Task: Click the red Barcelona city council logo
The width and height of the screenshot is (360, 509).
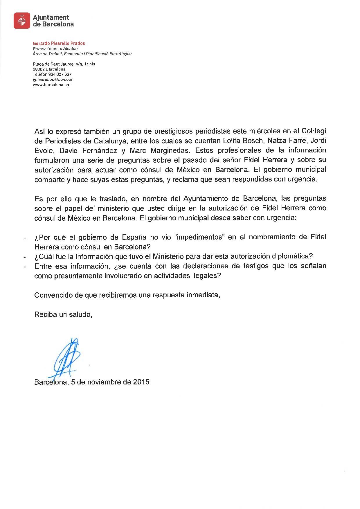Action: [22, 21]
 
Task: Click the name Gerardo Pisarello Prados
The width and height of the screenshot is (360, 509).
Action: [59, 43]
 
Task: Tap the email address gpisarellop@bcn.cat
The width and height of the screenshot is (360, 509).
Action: [53, 79]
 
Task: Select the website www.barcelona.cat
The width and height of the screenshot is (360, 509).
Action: [52, 85]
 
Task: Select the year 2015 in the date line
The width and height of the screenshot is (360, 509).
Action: [141, 382]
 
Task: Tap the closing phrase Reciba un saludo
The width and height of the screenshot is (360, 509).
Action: [63, 314]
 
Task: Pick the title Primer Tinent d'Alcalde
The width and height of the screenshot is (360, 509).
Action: [55, 49]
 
